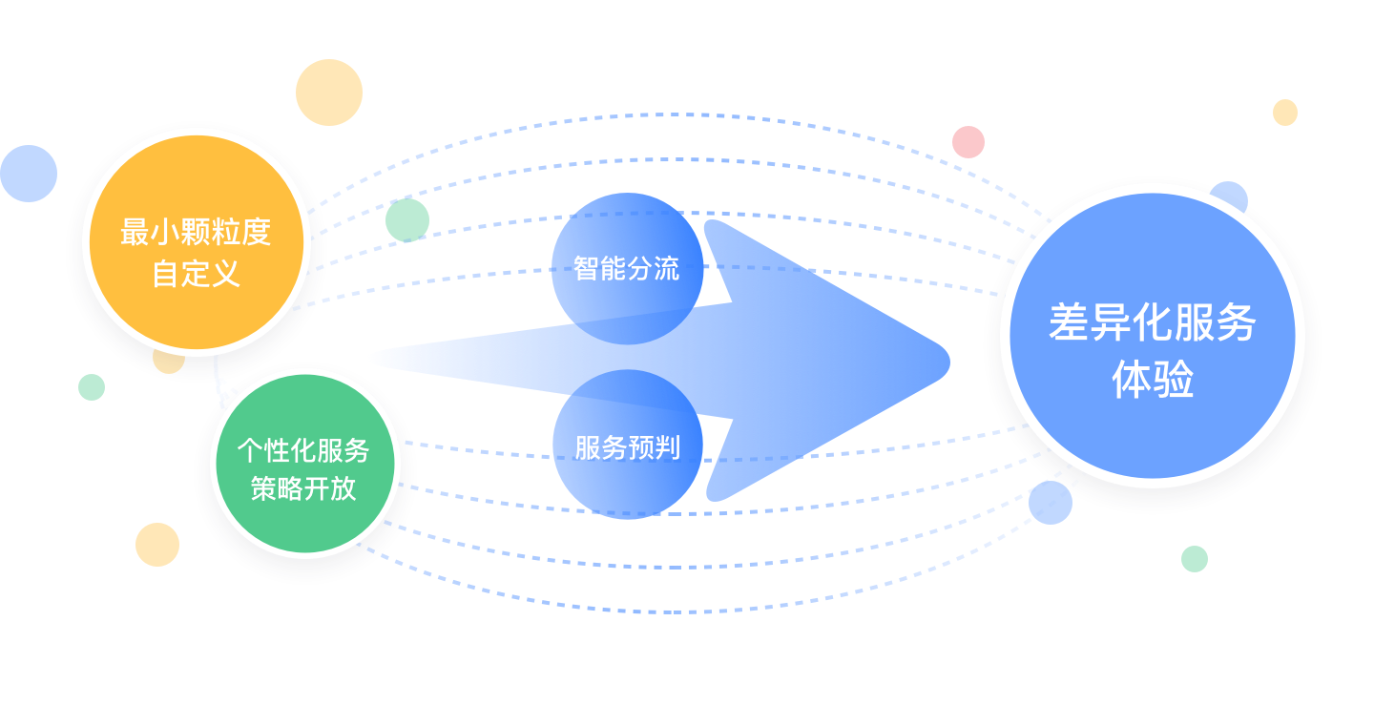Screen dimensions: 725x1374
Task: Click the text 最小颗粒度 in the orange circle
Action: pyautogui.click(x=196, y=232)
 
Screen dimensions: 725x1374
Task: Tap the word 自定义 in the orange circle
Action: pyautogui.click(x=196, y=275)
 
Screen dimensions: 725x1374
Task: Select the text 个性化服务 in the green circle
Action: pyautogui.click(x=302, y=449)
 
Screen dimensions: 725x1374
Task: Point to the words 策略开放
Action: pyautogui.click(x=302, y=488)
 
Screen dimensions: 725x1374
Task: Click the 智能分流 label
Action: pyautogui.click(x=626, y=268)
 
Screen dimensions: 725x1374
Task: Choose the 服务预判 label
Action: pyautogui.click(x=627, y=446)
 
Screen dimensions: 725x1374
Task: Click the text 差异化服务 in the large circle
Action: pyautogui.click(x=1152, y=323)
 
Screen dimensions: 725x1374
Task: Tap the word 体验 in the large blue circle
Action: pyautogui.click(x=1152, y=382)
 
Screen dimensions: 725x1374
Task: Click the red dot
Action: pyautogui.click(x=968, y=142)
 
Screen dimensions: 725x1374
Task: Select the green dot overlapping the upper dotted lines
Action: pyautogui.click(x=407, y=220)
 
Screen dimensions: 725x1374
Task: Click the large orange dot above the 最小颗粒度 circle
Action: pyautogui.click(x=329, y=93)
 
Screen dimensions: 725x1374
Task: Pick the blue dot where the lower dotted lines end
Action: pyautogui.click(x=1050, y=503)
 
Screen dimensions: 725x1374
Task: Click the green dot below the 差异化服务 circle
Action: pyautogui.click(x=1194, y=559)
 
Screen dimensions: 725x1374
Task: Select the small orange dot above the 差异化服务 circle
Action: pyautogui.click(x=1285, y=113)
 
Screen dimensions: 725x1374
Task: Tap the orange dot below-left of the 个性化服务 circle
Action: pyautogui.click(x=157, y=545)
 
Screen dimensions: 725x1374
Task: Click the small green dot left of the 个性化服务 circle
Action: pyautogui.click(x=92, y=387)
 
